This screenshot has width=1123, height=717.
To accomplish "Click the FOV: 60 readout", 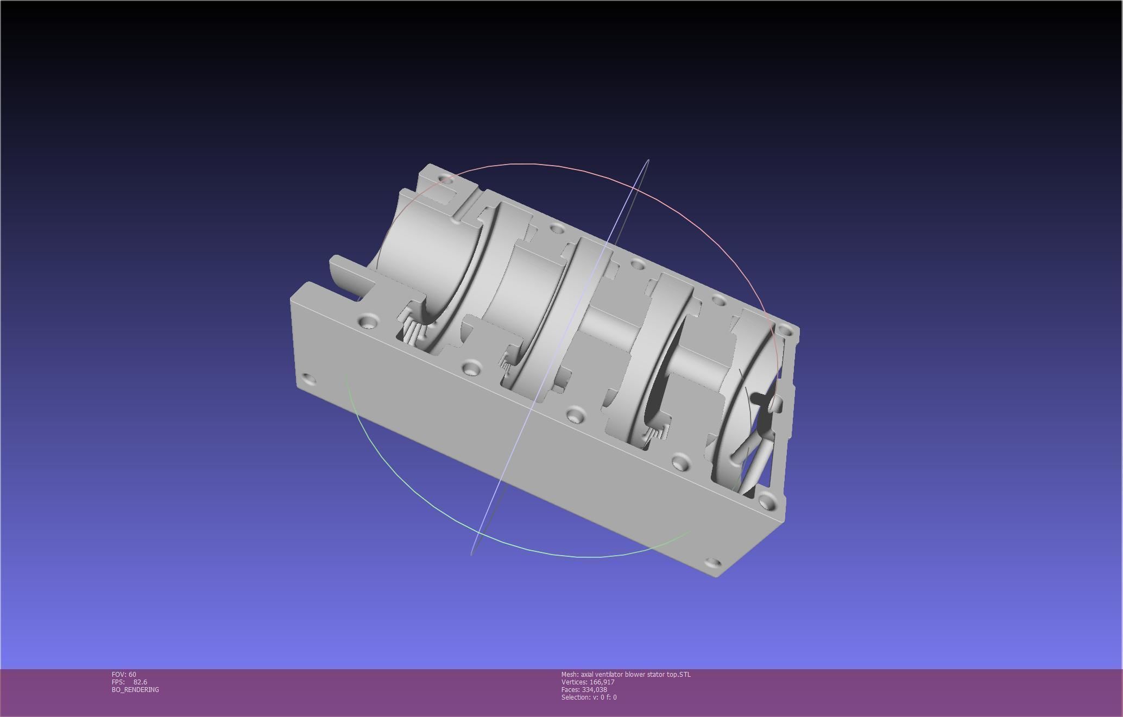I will [124, 674].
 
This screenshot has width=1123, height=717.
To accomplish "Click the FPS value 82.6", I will [140, 682].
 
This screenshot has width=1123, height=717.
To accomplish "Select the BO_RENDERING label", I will [135, 689].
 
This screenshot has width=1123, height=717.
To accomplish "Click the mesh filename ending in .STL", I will [626, 674].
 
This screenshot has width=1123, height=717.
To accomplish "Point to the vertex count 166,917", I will [602, 682].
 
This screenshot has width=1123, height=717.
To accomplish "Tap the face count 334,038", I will [594, 689].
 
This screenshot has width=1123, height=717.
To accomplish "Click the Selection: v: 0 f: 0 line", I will [589, 697].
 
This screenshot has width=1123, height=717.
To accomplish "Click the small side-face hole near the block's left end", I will [308, 379].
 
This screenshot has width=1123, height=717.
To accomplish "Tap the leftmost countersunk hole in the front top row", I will [368, 321].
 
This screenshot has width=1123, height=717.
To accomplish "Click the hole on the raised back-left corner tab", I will [445, 178].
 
